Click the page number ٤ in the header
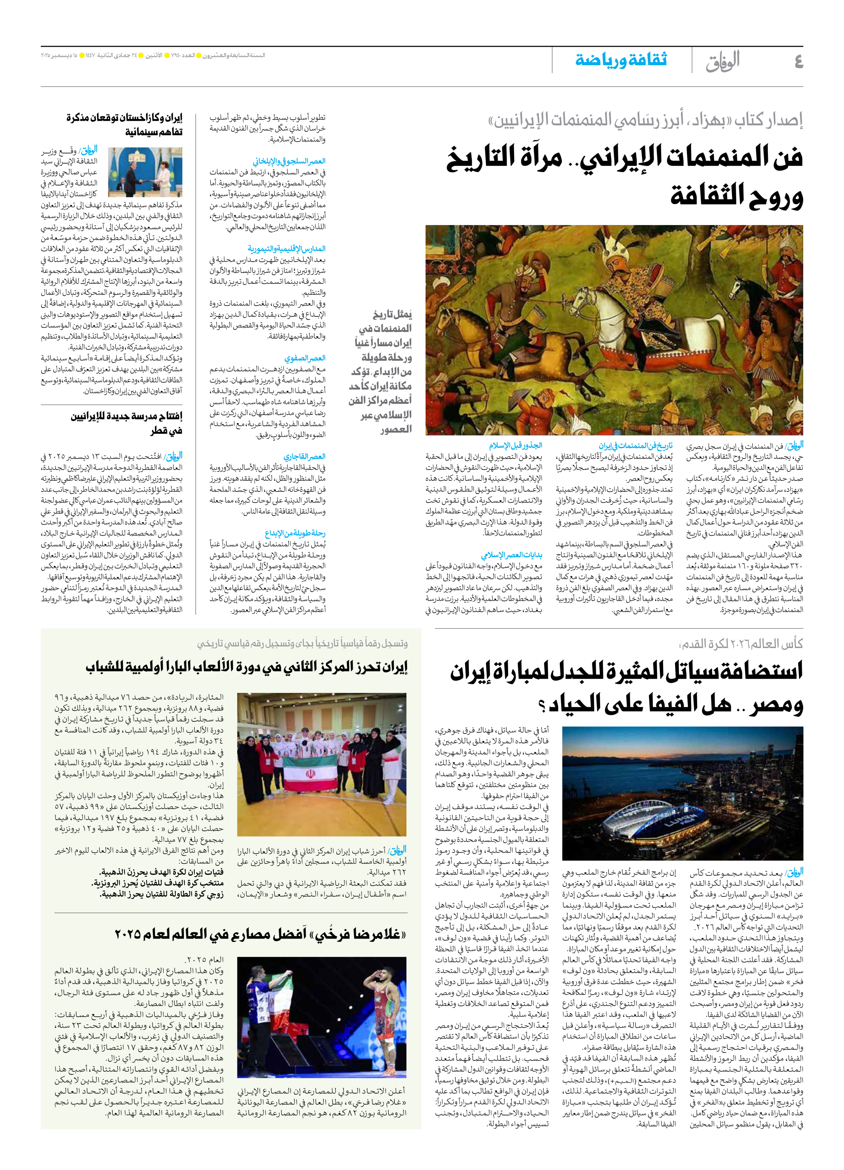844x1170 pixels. pos(798,62)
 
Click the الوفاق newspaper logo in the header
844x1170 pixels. pos(723,61)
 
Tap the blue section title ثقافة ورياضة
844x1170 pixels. pos(621,60)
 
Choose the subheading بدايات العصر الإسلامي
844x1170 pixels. pos(511,555)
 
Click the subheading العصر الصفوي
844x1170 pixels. pos(305,358)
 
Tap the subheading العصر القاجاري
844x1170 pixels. pos(304,456)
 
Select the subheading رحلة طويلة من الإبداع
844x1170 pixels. pos(295,533)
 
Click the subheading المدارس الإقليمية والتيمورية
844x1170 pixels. pos(287,249)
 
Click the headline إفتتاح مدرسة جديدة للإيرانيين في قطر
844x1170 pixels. pos(127,423)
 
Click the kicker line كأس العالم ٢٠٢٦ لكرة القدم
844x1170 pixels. pos(741,643)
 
